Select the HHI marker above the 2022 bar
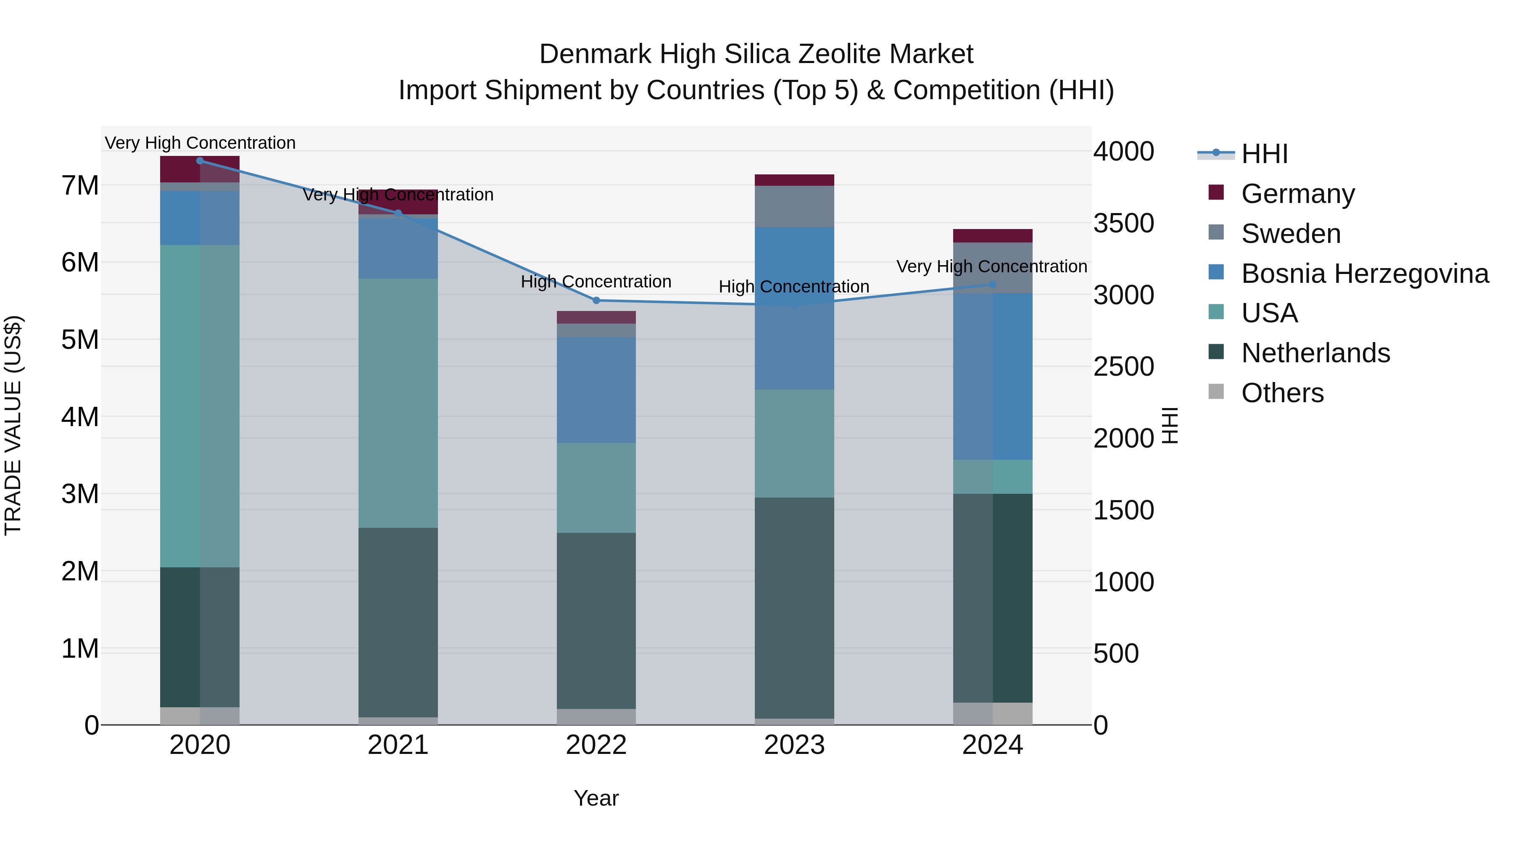(x=596, y=300)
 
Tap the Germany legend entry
(x=1297, y=194)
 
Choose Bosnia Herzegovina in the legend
(x=1364, y=274)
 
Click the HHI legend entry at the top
(x=1264, y=154)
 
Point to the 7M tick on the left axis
(x=80, y=186)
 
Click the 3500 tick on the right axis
(x=1123, y=223)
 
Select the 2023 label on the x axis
(x=794, y=745)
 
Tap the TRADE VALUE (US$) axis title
(x=13, y=425)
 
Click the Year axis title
(x=596, y=798)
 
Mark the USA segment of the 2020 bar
(x=200, y=405)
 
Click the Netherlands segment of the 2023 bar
(x=794, y=608)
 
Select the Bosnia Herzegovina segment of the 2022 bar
(x=596, y=390)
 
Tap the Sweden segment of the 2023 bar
(x=794, y=206)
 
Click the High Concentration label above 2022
(x=596, y=282)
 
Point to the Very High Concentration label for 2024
(x=991, y=266)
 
